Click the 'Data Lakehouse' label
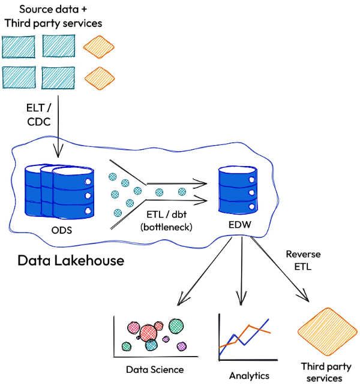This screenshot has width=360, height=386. point(71,261)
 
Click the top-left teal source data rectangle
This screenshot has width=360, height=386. point(19,46)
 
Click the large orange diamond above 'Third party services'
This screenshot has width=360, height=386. point(326,334)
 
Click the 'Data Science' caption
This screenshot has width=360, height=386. point(155,369)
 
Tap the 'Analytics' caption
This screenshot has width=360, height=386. point(249,376)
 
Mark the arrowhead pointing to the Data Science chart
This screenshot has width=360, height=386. point(181,303)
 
